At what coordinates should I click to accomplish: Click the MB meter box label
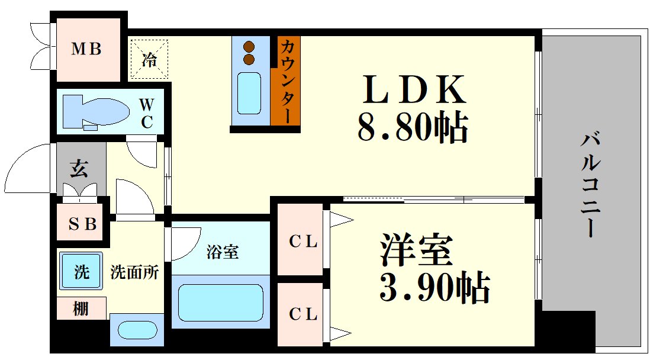click(x=86, y=49)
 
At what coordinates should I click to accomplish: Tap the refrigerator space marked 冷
click(x=150, y=59)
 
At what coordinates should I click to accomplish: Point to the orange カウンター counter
click(x=285, y=81)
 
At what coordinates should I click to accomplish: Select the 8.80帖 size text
click(x=413, y=127)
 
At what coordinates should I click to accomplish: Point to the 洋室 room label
click(x=417, y=251)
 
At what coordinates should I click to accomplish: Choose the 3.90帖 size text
click(x=434, y=287)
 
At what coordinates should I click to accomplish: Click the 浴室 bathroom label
click(x=223, y=252)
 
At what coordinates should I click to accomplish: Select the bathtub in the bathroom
click(x=220, y=302)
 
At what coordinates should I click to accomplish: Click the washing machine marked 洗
click(x=81, y=272)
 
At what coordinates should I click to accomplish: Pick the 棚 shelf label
click(x=81, y=308)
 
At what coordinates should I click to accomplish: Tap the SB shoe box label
click(x=82, y=224)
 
